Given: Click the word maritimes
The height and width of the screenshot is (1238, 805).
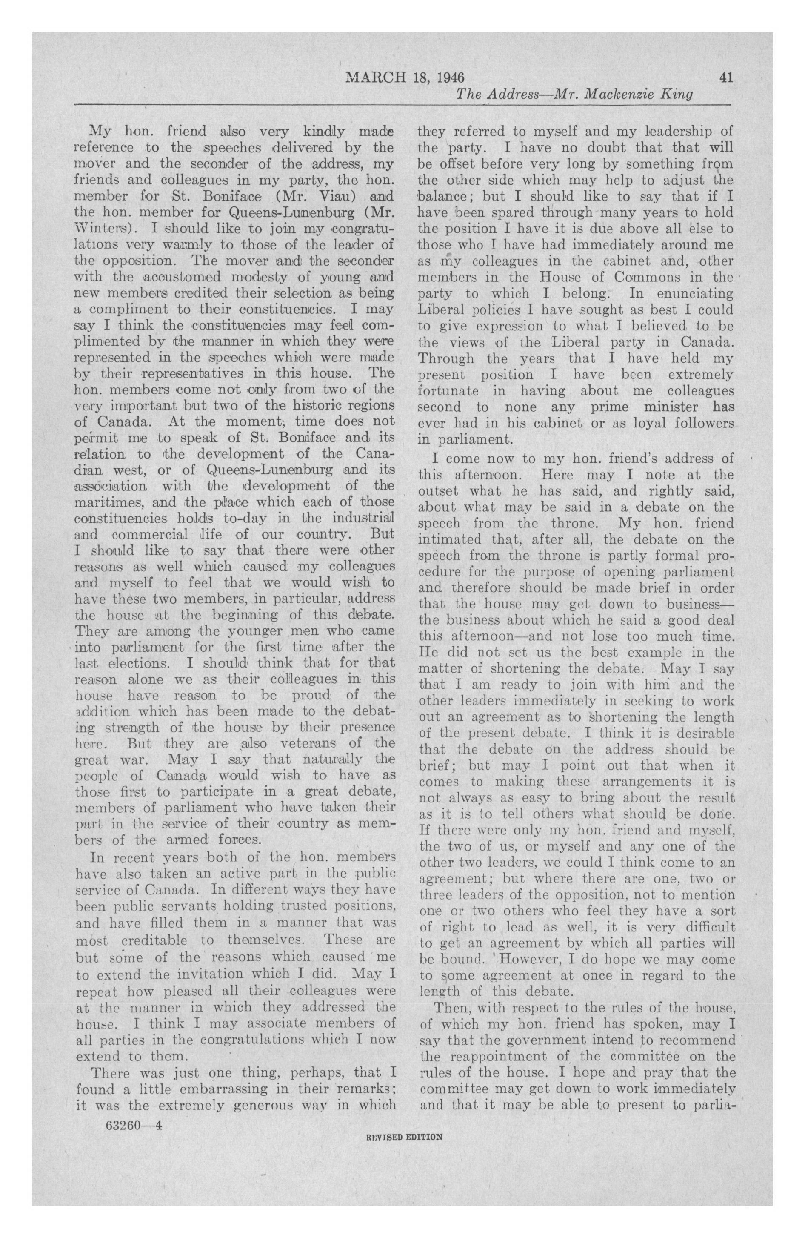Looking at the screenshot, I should coord(108,503).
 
